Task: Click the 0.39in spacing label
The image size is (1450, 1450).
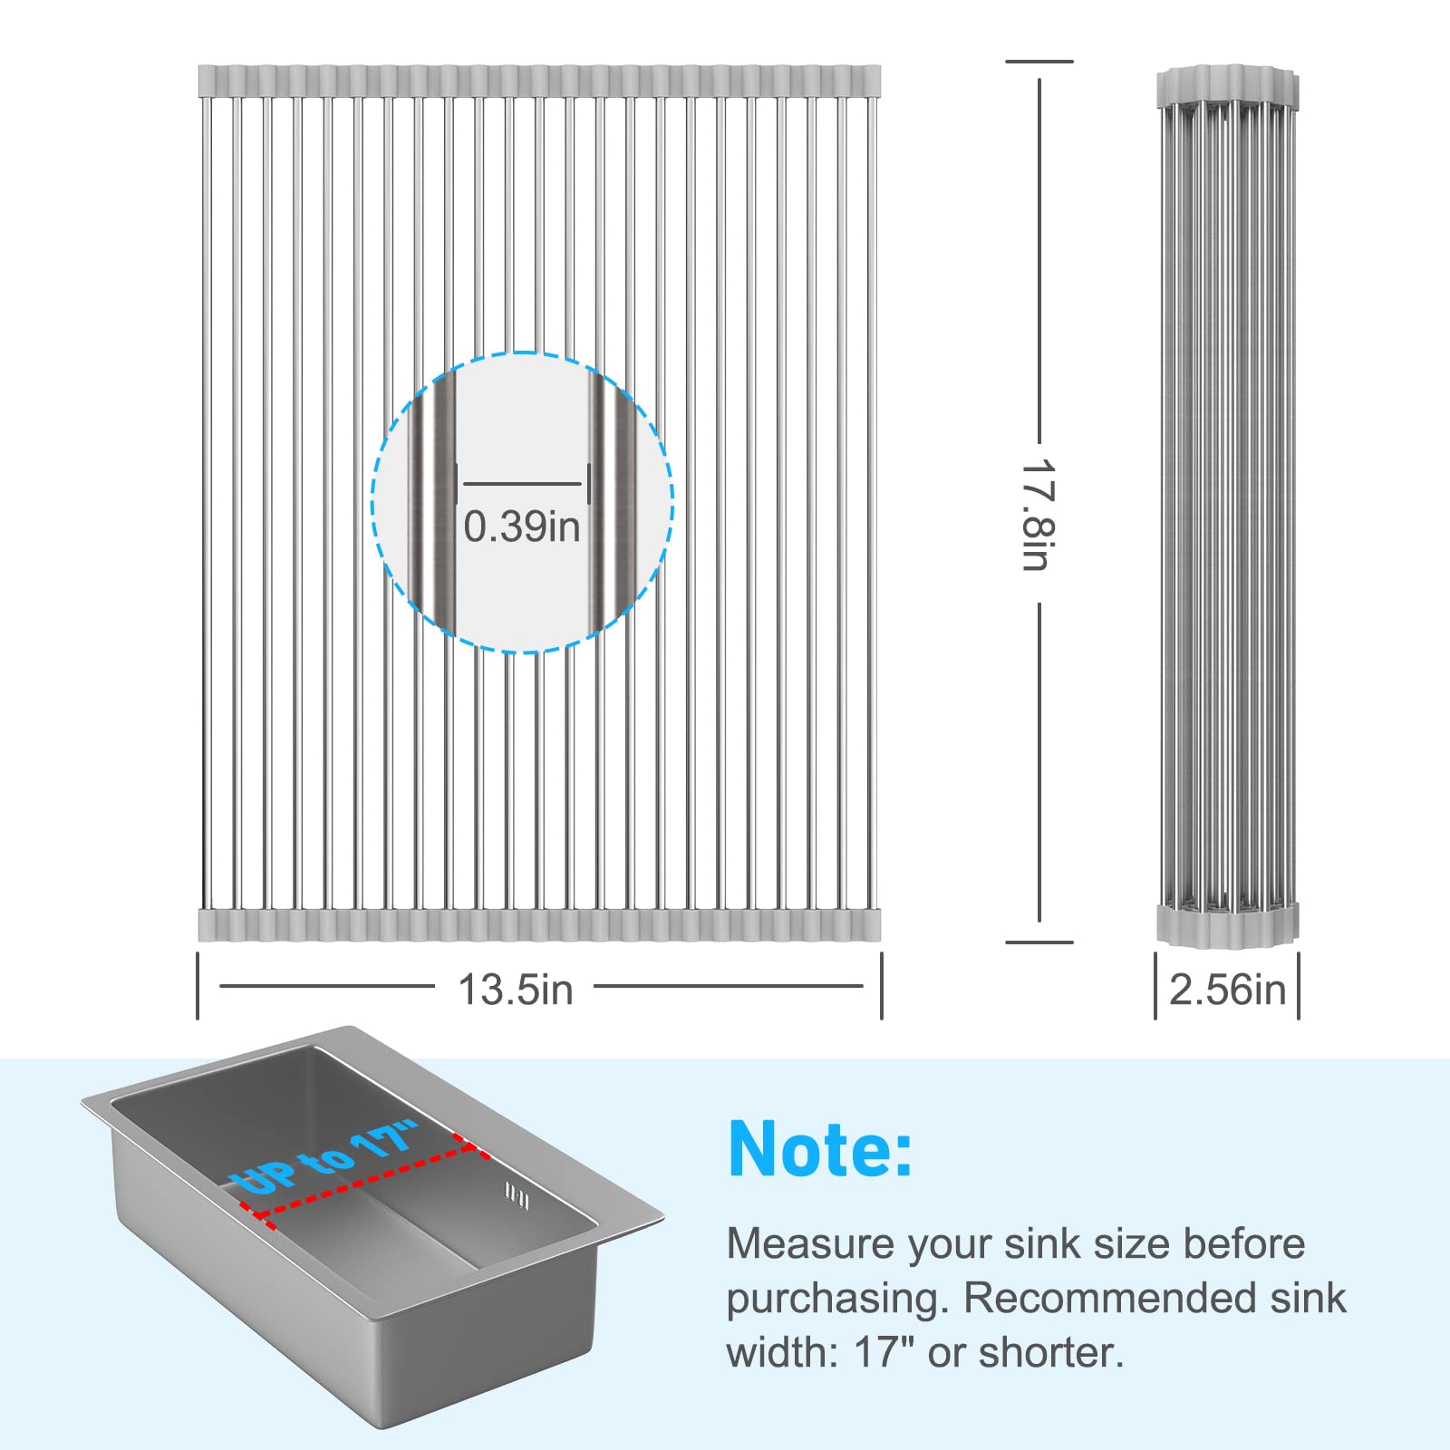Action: [522, 527]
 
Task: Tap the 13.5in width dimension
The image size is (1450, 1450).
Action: [516, 990]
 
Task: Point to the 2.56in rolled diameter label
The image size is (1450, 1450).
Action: [1227, 990]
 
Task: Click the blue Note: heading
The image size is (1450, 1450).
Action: [820, 1149]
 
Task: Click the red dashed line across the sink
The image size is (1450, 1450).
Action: [362, 1179]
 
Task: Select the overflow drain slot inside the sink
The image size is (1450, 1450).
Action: [517, 1197]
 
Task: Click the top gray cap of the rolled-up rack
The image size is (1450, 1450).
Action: [1228, 83]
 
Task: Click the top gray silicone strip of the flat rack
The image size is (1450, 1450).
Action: [539, 81]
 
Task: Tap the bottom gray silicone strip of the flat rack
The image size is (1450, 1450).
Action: [539, 925]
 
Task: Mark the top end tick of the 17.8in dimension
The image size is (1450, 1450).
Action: [1039, 62]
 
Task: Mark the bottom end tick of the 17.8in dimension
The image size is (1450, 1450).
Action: [1039, 942]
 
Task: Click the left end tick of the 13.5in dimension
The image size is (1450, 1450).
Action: [198, 985]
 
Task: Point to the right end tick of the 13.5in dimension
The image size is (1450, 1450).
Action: [881, 985]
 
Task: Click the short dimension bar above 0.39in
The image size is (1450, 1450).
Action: [522, 484]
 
